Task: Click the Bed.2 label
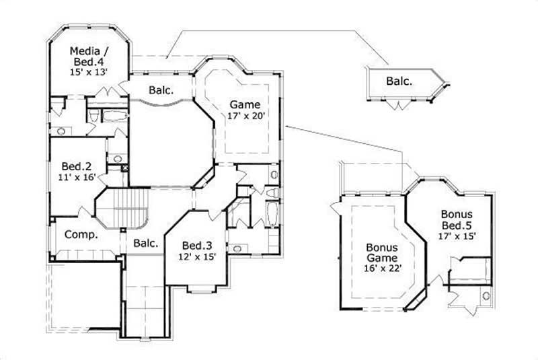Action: (73, 166)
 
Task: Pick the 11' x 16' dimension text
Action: (77, 178)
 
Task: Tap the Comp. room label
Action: (81, 236)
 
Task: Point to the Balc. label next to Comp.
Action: (145, 243)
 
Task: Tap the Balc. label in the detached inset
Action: (399, 81)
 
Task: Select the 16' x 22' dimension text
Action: (381, 268)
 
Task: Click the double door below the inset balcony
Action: (401, 105)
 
